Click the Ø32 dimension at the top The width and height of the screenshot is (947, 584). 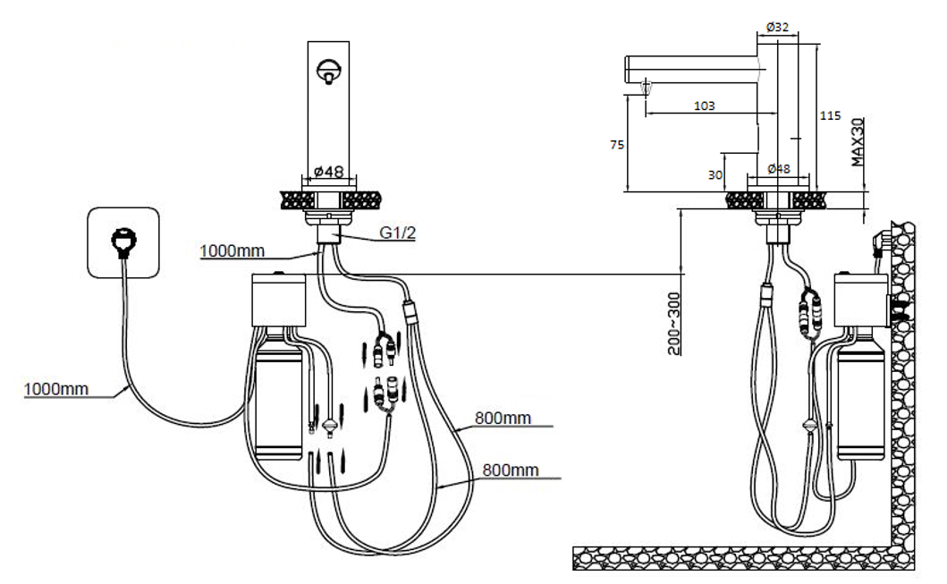point(777,27)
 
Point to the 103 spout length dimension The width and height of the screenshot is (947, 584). point(705,106)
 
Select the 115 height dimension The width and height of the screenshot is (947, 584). point(831,115)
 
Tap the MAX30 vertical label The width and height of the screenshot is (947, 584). point(857,142)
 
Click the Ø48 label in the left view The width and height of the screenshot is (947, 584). point(329,171)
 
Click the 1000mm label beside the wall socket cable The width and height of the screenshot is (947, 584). point(56,389)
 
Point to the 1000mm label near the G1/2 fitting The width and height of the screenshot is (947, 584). point(232,251)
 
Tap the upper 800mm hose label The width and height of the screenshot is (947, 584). point(503,418)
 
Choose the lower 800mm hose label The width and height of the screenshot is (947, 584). point(511,468)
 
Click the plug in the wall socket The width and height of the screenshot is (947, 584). point(122,241)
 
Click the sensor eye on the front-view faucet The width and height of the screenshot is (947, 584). point(329,68)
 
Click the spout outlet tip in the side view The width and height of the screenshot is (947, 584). point(646,87)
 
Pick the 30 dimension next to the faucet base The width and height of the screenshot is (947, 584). point(714,175)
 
